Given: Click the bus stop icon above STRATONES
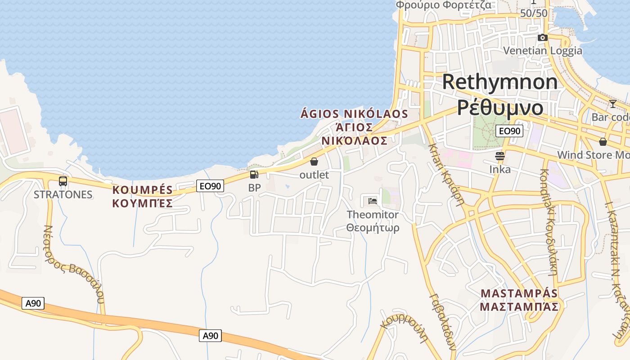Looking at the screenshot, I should (x=63, y=181).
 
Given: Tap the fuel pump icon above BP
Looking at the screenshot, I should (x=254, y=175).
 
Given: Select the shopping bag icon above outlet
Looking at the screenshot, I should (x=314, y=162).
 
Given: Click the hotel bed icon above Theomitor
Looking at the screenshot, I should (x=373, y=201).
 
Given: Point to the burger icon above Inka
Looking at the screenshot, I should (x=500, y=156).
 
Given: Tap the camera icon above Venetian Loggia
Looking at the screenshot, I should (x=543, y=37).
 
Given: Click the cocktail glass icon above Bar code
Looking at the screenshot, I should (x=613, y=104).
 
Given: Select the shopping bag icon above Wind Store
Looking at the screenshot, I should (x=603, y=142).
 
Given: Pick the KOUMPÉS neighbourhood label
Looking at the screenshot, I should (x=143, y=189).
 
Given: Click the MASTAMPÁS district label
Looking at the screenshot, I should (x=519, y=293).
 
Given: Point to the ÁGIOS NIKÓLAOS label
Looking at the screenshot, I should (x=354, y=114).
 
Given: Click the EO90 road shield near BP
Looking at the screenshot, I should (x=210, y=185).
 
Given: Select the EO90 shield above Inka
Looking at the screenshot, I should (x=509, y=131).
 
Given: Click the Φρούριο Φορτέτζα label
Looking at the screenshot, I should (x=444, y=5).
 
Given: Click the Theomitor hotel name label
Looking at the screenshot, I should (x=373, y=215).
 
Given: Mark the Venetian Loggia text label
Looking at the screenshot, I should (x=543, y=50).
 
